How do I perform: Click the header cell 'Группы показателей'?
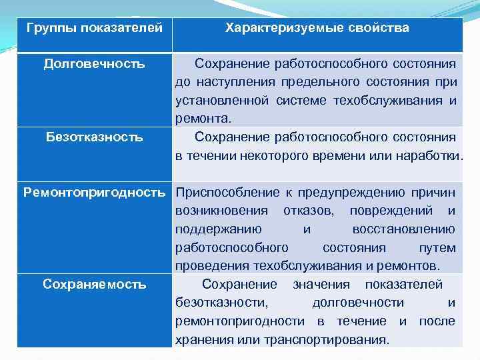94,29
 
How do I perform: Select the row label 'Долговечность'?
94,64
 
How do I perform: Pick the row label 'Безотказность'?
94,137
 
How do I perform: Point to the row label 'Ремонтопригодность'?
94,193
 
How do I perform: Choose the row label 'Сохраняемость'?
94,285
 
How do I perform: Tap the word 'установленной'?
213,101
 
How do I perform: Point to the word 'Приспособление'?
217,193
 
